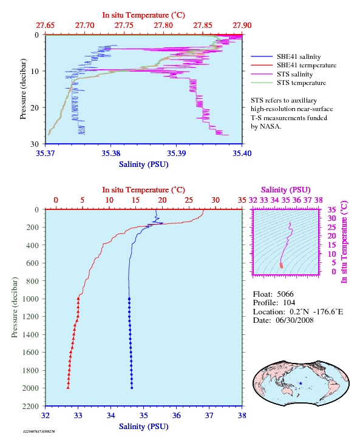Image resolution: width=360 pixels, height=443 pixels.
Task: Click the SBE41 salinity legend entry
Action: (x=286, y=56)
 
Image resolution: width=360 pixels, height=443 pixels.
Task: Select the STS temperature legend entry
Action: (x=288, y=83)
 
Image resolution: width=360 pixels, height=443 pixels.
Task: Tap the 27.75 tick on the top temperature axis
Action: (x=124, y=25)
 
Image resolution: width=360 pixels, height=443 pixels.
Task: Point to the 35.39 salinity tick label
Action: (x=176, y=153)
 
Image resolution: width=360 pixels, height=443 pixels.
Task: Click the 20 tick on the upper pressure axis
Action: (x=35, y=107)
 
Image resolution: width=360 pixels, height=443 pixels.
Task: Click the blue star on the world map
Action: (x=301, y=384)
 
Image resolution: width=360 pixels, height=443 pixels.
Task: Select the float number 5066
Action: (x=285, y=294)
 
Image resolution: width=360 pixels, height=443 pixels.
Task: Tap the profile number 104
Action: (x=289, y=303)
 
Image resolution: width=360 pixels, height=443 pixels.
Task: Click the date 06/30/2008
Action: (x=294, y=320)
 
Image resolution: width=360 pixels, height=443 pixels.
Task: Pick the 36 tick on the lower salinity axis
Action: (x=176, y=415)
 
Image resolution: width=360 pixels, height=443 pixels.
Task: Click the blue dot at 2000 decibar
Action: (x=132, y=388)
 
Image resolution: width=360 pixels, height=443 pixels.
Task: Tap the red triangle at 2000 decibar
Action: (x=68, y=388)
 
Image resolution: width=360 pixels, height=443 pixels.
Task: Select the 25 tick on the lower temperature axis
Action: (x=189, y=200)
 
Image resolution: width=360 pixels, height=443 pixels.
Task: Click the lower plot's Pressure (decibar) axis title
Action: (x=15, y=307)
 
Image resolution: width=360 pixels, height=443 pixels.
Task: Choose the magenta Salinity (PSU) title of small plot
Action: (x=286, y=189)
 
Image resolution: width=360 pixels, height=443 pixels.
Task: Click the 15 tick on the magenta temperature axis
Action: (x=331, y=245)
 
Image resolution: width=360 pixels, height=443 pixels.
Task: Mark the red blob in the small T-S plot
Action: (x=281, y=266)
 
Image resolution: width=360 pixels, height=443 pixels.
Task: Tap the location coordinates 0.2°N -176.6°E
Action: (x=316, y=311)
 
